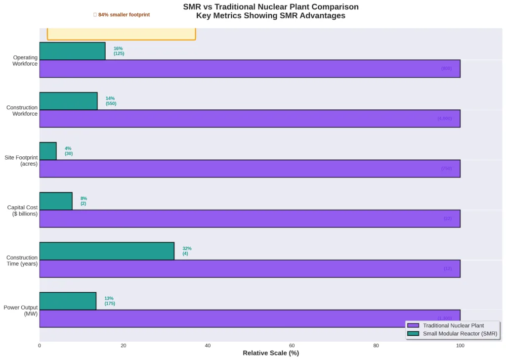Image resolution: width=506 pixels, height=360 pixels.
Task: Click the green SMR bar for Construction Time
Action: click(x=107, y=251)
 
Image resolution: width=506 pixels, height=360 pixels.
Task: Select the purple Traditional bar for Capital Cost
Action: click(x=250, y=219)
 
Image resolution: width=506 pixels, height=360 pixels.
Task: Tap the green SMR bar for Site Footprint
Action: click(x=48, y=151)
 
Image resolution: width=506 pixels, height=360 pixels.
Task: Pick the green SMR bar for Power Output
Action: click(x=68, y=301)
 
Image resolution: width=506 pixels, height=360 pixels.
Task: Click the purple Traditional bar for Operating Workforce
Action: click(x=250, y=69)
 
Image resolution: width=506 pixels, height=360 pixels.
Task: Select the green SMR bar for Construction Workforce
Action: click(x=68, y=101)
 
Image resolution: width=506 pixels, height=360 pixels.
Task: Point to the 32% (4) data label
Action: click(x=187, y=251)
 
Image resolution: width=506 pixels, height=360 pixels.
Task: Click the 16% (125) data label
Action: click(x=119, y=51)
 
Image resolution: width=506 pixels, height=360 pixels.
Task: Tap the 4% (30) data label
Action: click(x=68, y=151)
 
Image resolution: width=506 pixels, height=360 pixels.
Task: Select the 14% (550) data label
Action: click(x=111, y=101)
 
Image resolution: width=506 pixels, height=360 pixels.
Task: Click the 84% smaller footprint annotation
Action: click(x=122, y=15)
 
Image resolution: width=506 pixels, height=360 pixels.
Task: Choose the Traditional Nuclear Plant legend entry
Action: click(x=453, y=326)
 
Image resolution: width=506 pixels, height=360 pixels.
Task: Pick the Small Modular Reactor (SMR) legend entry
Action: click(x=453, y=334)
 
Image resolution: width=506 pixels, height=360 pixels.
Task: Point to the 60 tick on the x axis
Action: click(x=292, y=346)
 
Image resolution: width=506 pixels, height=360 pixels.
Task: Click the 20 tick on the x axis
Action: click(x=124, y=346)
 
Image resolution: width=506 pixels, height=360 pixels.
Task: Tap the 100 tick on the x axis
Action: click(x=460, y=346)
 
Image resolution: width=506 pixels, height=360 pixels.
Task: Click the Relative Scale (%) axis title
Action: click(x=271, y=353)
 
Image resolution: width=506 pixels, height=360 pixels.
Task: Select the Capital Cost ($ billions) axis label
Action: click(x=22, y=211)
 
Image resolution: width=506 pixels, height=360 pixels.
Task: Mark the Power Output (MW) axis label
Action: click(x=21, y=311)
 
